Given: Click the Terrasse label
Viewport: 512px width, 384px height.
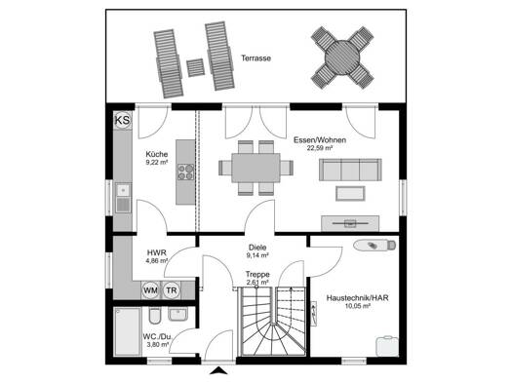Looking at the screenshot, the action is click(x=256, y=58).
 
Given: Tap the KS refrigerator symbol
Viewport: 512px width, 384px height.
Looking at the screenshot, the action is click(x=123, y=121).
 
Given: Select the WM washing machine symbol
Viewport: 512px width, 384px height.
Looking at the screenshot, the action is click(x=150, y=290).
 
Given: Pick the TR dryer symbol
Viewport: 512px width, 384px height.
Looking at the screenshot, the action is click(x=171, y=290).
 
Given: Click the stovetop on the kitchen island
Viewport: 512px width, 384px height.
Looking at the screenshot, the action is click(x=185, y=172).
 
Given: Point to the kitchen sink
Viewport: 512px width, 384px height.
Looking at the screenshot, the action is click(x=123, y=198).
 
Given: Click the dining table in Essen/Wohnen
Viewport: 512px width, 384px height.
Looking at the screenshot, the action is click(x=256, y=168).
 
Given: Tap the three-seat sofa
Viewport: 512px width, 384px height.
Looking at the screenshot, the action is click(x=350, y=170).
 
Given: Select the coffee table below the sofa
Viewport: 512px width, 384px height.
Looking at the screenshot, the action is click(x=350, y=194).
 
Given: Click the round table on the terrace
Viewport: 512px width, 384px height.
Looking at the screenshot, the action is click(x=342, y=58).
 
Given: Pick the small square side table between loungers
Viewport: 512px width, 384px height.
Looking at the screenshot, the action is click(x=196, y=67).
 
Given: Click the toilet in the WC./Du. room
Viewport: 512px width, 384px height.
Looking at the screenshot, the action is click(x=155, y=315).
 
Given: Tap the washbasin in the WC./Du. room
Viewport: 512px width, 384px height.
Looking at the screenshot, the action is click(x=177, y=314).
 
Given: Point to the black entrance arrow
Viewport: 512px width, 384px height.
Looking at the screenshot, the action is click(x=218, y=370).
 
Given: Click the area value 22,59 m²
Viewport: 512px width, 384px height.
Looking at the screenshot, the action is click(x=320, y=147).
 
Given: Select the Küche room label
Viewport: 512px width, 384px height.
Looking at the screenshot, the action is click(x=157, y=154).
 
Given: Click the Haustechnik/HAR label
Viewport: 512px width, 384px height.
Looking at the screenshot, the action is click(x=358, y=298).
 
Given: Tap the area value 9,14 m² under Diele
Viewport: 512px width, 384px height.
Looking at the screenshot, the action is click(x=257, y=255).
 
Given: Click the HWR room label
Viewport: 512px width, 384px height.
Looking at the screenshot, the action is click(x=157, y=252).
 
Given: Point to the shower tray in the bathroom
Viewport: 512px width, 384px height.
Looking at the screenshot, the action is click(x=127, y=331).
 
